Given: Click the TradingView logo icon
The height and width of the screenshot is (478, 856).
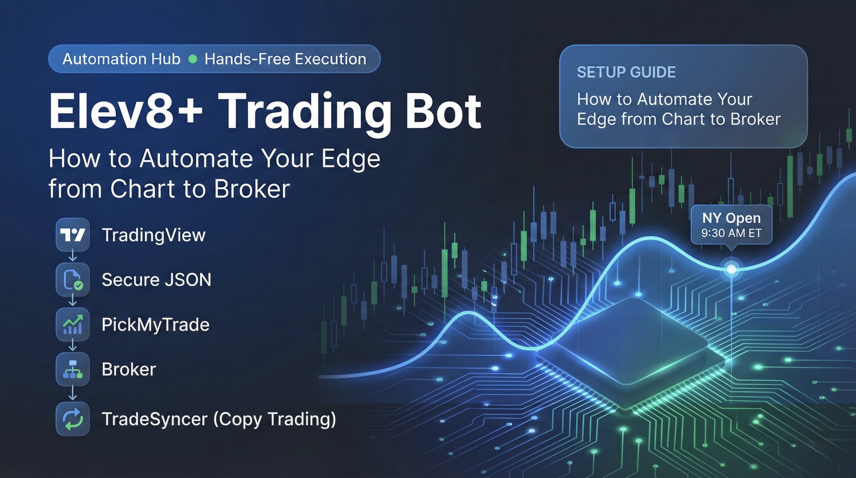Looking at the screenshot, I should pos(73,235).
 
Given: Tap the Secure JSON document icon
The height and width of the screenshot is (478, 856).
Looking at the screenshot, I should pos(73,279).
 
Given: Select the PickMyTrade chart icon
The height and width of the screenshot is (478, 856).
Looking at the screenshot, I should pos(73,325).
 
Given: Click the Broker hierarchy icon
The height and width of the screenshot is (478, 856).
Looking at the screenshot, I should pos(73,369).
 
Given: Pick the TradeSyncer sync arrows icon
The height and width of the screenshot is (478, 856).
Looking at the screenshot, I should pos(73,419).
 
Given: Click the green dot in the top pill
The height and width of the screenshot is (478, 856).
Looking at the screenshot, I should pos(193,59).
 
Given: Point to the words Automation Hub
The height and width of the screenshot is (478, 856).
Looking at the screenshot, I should pos(121,59).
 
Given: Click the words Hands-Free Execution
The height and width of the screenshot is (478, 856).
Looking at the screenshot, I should pos(286,59).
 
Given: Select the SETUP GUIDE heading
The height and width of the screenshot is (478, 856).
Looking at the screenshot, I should pos(626,73).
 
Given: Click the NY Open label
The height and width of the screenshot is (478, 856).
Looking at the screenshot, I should pos(731,218).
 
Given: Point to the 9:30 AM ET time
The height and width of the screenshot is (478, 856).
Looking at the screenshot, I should pos(731,233).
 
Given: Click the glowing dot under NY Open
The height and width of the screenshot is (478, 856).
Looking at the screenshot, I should pos(731,269).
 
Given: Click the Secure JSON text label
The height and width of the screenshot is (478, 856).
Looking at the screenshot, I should pos(156,279).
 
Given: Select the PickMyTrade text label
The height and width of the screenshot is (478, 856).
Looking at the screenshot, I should pos(156,325).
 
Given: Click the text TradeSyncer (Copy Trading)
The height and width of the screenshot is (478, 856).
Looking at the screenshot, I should pos(219,419).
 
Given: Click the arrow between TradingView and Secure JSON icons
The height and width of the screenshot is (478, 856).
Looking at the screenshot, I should pos(73,257).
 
